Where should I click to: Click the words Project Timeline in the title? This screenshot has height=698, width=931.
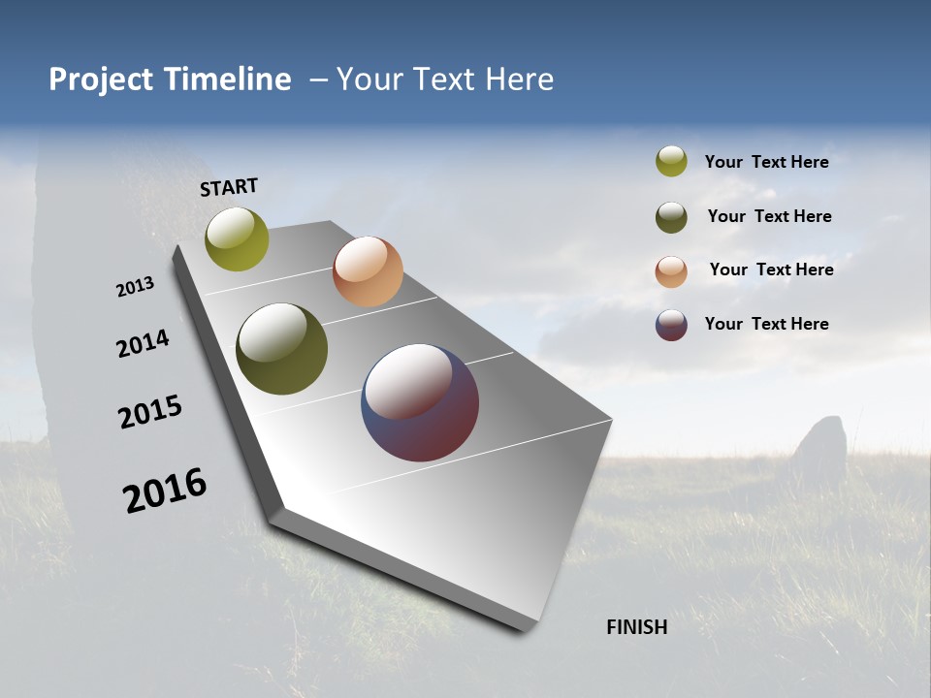[x=170, y=79]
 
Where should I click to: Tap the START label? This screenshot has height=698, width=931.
[x=229, y=187]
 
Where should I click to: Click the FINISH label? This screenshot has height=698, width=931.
[x=637, y=627]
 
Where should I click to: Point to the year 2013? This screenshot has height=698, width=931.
[x=136, y=287]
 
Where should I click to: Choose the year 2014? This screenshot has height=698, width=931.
[x=144, y=343]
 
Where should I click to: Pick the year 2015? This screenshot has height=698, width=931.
[x=150, y=412]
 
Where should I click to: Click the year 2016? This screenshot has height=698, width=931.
[x=165, y=491]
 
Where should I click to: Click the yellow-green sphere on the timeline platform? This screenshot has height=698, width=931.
[x=237, y=238]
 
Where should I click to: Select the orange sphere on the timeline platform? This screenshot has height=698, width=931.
[x=368, y=271]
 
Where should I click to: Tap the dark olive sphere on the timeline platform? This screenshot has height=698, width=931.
[x=281, y=349]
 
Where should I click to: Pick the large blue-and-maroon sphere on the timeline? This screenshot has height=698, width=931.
[x=420, y=402]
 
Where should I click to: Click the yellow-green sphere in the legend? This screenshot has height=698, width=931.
[x=671, y=161]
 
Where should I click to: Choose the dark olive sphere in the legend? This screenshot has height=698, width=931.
[x=671, y=217]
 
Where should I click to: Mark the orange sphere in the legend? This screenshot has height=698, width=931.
[x=671, y=271]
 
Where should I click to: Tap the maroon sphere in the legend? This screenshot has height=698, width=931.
[x=671, y=325]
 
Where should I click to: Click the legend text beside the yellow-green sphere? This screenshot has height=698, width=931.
[x=766, y=162]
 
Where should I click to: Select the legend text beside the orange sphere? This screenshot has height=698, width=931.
[x=771, y=270]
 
